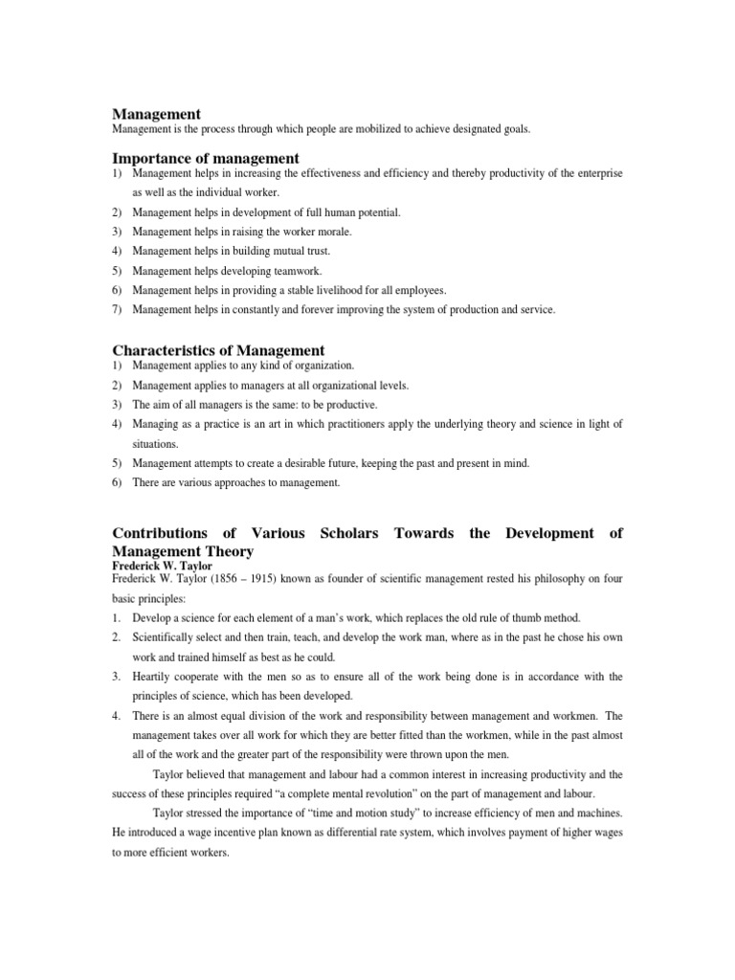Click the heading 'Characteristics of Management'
pos(218,350)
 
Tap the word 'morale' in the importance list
pos(332,232)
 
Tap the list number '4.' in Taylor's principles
pos(117,716)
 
